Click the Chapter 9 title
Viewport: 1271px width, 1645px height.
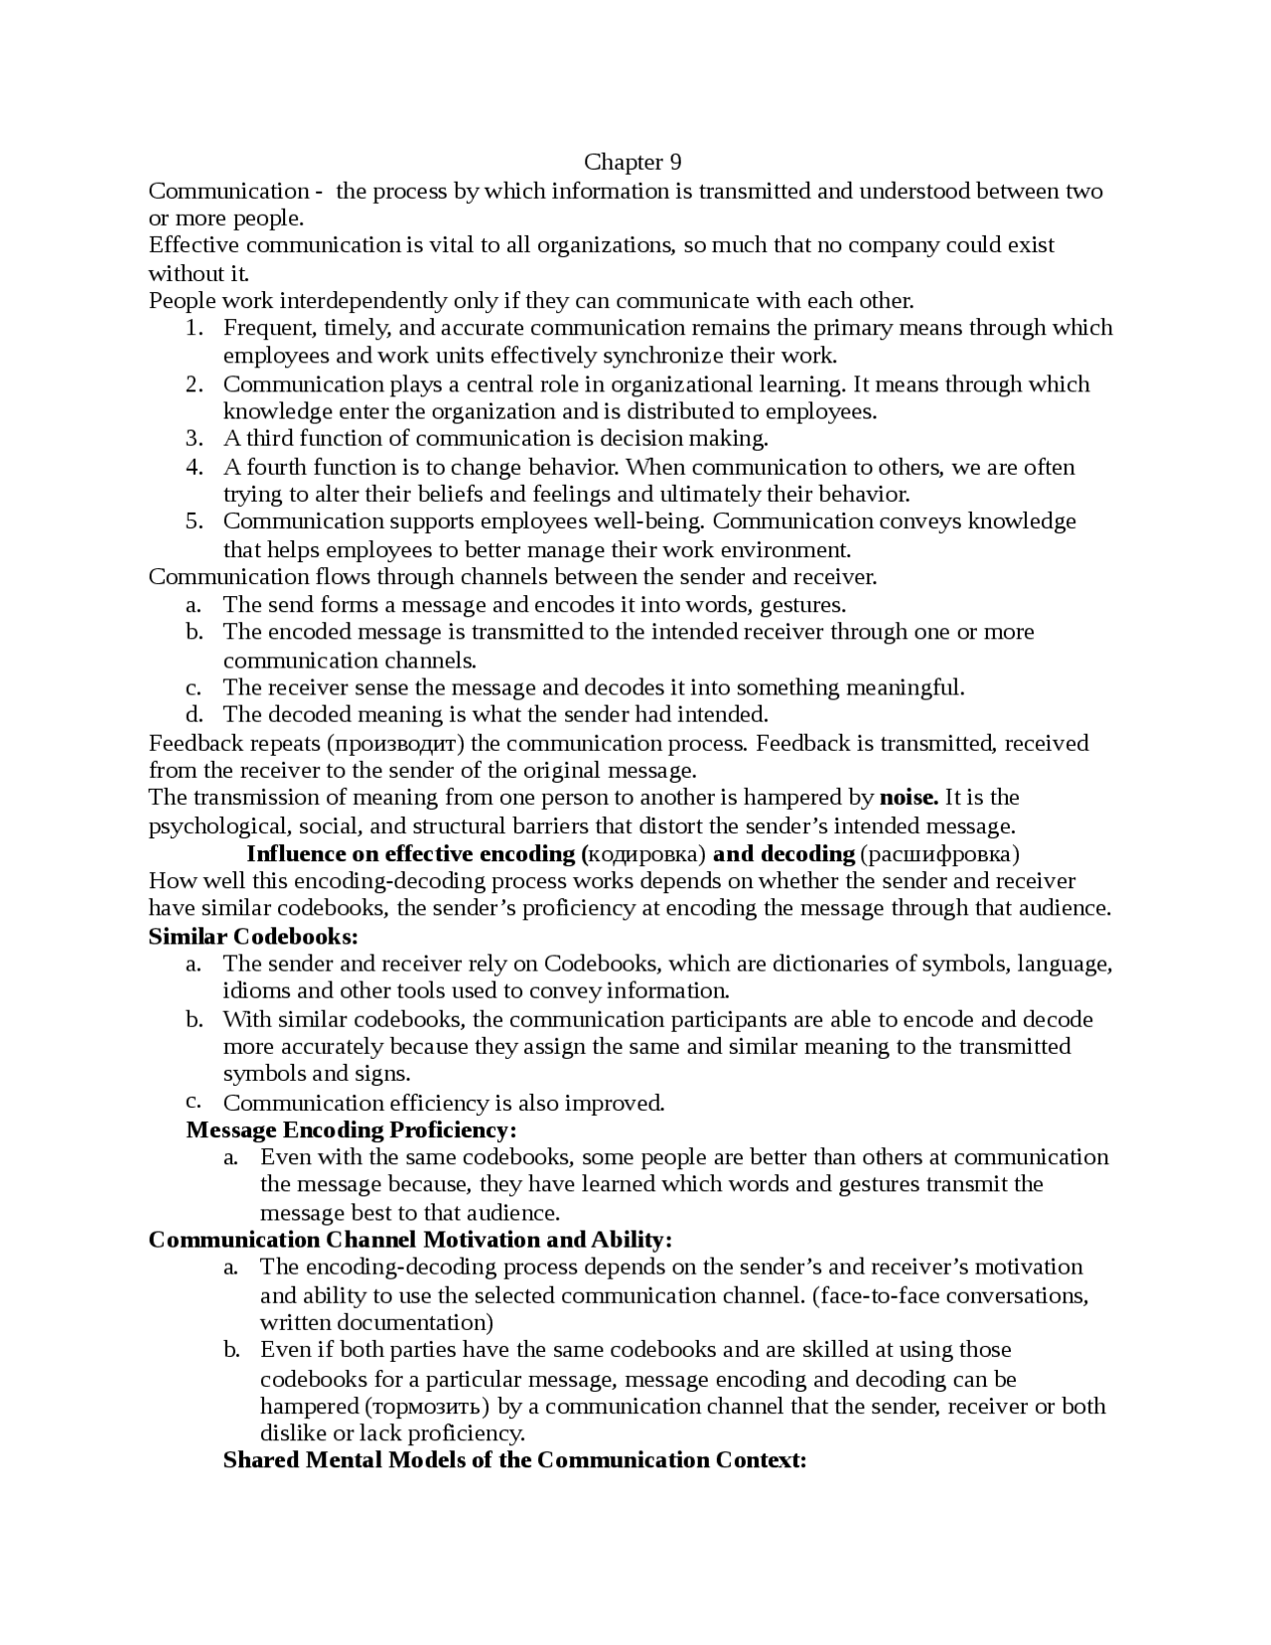tap(633, 162)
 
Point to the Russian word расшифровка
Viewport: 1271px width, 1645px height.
tap(939, 853)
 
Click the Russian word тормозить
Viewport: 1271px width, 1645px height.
tap(427, 1407)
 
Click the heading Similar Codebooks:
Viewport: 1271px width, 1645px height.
tap(252, 936)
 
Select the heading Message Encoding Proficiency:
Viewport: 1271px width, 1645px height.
tap(352, 1129)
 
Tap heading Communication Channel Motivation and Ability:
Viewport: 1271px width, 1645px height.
tap(410, 1240)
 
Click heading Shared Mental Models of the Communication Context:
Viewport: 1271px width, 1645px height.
tap(514, 1460)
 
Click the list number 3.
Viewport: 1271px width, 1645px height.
tap(194, 438)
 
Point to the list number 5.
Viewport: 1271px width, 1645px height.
tap(194, 522)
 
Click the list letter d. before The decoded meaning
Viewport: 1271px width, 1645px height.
tap(194, 714)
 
